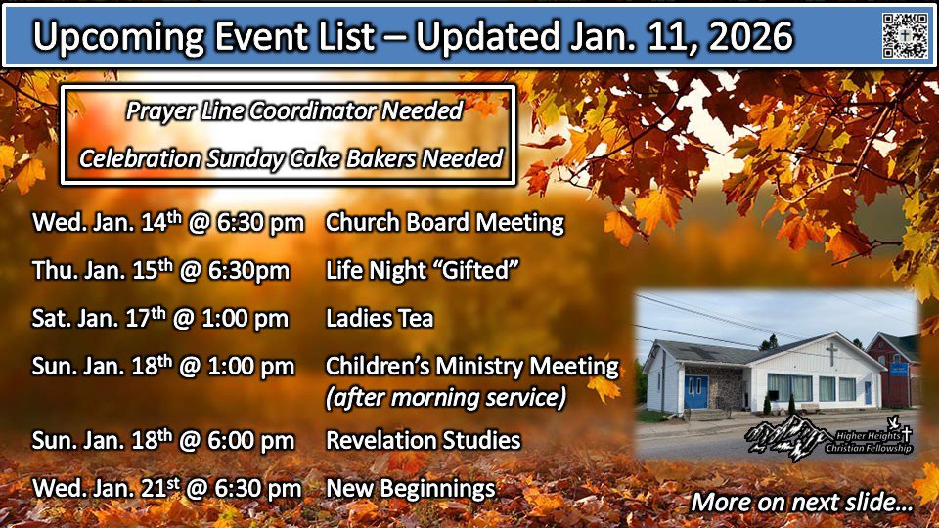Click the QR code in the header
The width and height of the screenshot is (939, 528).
[905, 35]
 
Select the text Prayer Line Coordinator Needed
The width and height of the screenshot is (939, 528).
[294, 111]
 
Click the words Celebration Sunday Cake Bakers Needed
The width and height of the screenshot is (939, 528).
[291, 159]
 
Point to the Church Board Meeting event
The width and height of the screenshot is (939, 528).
[444, 222]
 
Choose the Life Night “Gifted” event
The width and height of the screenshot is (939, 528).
[422, 270]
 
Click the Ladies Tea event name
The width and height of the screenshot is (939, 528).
[380, 318]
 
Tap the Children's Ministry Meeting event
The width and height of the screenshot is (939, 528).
[471, 366]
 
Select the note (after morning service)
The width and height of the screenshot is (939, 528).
[446, 398]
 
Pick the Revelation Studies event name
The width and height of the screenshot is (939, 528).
[423, 441]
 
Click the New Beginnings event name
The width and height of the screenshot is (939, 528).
[410, 489]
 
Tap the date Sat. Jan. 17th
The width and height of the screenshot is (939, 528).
[99, 318]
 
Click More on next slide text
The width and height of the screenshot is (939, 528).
[802, 502]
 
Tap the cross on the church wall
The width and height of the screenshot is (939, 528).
[831, 355]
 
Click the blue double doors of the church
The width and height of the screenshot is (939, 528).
[695, 392]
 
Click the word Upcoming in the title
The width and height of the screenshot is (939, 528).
[118, 37]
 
